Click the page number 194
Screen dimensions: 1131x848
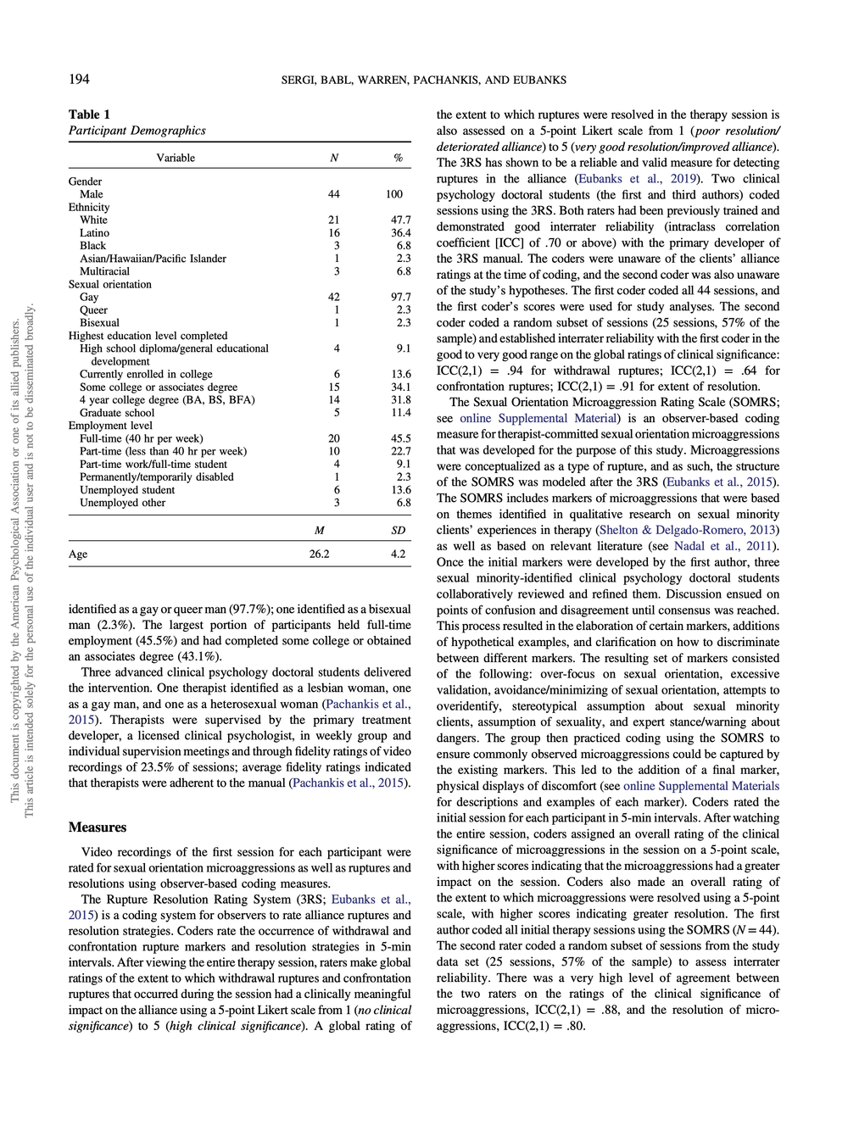click(79, 80)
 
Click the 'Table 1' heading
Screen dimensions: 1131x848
click(89, 114)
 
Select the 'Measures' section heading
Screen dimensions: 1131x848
click(98, 827)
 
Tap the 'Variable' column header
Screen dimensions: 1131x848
click(176, 158)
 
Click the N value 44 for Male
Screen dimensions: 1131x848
click(334, 194)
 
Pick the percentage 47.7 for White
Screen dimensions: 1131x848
click(400, 220)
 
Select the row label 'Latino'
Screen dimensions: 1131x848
click(94, 233)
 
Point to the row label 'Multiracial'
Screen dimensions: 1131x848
click(104, 271)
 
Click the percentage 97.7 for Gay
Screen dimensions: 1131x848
click(400, 297)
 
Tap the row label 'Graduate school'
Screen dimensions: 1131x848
click(117, 413)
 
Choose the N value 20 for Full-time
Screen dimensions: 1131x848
click(334, 438)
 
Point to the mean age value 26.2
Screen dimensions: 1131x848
click(320, 554)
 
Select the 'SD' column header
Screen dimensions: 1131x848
click(398, 530)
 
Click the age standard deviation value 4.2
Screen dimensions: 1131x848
click(398, 554)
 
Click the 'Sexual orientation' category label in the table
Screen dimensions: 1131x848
click(110, 284)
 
